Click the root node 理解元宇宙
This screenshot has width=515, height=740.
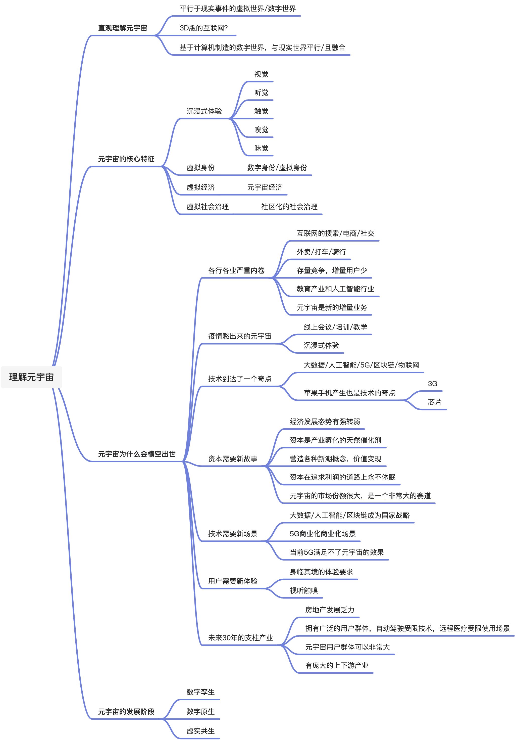[x=31, y=377]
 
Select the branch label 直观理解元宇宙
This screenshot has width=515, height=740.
[x=122, y=28]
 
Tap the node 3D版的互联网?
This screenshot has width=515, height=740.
[x=203, y=28]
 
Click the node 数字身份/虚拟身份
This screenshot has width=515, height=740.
[x=277, y=168]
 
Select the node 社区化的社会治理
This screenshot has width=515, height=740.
[x=289, y=207]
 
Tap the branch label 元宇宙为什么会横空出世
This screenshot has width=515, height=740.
[x=137, y=454]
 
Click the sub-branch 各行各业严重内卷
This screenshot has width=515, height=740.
[x=236, y=270]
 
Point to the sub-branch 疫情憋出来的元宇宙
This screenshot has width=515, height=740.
[x=240, y=336]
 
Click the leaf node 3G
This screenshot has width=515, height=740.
[x=432, y=384]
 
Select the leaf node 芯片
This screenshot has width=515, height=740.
[x=434, y=402]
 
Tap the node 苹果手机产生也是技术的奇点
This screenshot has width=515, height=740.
[x=349, y=393]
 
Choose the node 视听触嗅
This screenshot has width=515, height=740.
[x=303, y=590]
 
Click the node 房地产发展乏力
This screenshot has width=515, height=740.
[x=330, y=610]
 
